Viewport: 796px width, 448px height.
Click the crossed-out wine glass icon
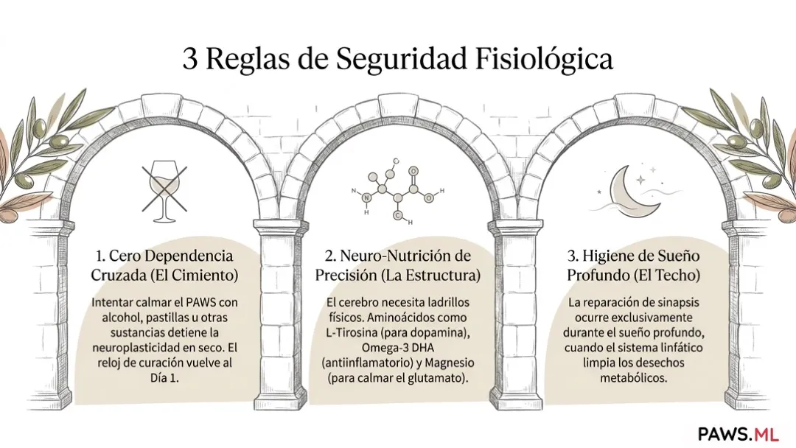pos(164,187)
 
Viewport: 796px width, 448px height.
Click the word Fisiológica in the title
pos(544,60)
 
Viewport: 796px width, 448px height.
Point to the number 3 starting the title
pos(189,60)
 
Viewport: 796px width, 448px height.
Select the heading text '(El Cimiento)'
pos(194,276)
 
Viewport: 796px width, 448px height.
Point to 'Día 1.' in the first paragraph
pos(164,378)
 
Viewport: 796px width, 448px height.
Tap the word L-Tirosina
pos(352,333)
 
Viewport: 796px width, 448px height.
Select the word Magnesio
pos(450,363)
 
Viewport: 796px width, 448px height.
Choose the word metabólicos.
pos(634,379)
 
